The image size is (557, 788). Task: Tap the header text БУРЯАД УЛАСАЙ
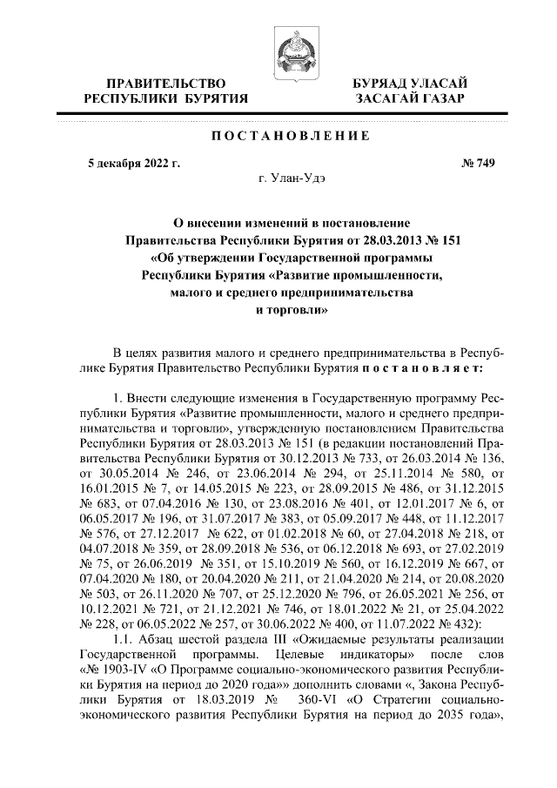405,83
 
